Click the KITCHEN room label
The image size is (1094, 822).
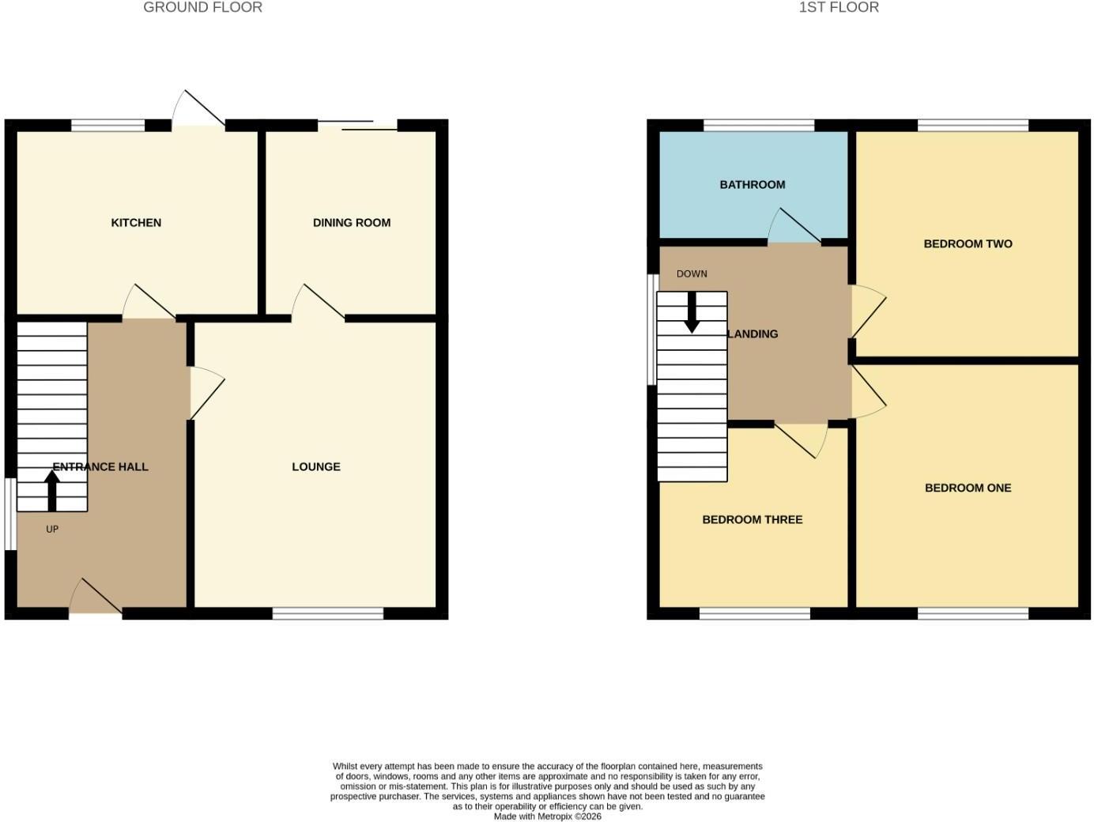tap(136, 223)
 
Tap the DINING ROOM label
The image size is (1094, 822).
tap(352, 223)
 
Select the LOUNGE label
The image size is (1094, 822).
tap(316, 467)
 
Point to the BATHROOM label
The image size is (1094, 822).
tap(752, 185)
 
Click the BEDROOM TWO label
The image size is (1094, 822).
tap(968, 243)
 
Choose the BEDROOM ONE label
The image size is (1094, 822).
tap(968, 488)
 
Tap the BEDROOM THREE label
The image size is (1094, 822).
tap(752, 519)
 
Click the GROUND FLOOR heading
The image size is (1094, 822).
tap(203, 7)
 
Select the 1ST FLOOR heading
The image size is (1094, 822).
tap(839, 7)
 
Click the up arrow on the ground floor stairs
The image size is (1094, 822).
tap(52, 491)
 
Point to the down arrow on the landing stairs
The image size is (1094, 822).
tap(692, 312)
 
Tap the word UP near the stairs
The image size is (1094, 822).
tap(52, 529)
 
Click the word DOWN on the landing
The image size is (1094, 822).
tap(692, 274)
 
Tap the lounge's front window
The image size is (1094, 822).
tap(328, 613)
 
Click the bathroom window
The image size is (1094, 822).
tap(759, 126)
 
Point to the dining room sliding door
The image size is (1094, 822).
tap(357, 126)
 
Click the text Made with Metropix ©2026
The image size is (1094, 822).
tap(547, 816)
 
